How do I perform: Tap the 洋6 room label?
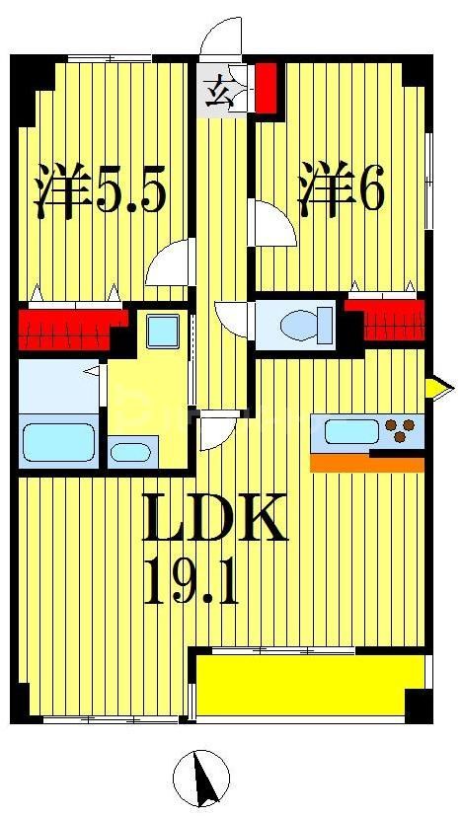(x=341, y=190)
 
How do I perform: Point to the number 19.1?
(x=192, y=582)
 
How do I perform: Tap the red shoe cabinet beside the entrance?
(x=265, y=87)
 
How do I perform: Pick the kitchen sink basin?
(x=346, y=431)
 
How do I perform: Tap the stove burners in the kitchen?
(x=401, y=430)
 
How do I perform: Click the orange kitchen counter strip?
(x=365, y=462)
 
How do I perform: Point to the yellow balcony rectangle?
(x=311, y=684)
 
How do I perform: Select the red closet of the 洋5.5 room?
(x=69, y=330)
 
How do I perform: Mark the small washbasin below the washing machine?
(x=130, y=453)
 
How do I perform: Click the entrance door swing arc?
(x=219, y=37)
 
